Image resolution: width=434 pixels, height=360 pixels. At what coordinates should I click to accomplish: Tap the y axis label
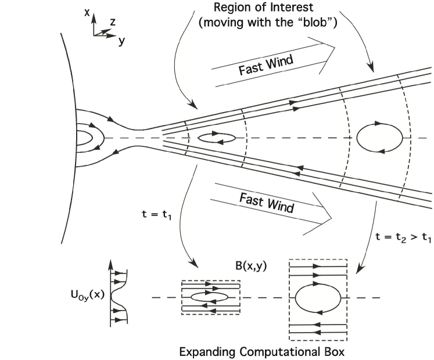(x=121, y=41)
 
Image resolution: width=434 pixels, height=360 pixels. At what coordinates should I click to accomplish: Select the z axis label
(x=113, y=23)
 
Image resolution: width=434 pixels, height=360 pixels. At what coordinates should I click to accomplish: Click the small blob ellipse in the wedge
(x=216, y=138)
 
